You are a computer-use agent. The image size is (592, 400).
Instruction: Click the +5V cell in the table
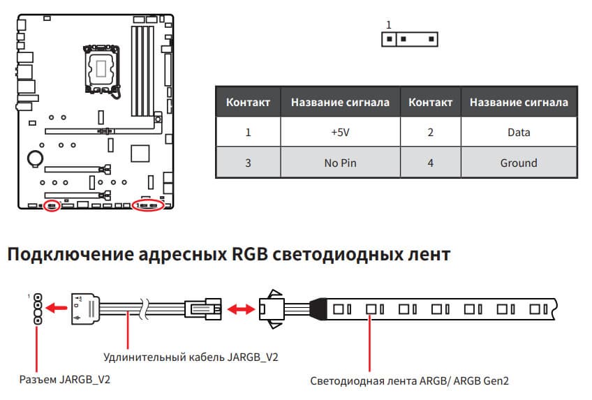[x=341, y=132]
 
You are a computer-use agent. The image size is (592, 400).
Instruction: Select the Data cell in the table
[x=519, y=132]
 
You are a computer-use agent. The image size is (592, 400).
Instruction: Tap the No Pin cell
[x=341, y=163]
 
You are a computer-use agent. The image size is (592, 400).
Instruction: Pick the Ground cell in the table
[x=519, y=163]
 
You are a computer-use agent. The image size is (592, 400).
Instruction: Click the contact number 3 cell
[x=248, y=163]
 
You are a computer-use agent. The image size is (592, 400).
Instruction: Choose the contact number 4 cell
[x=430, y=163]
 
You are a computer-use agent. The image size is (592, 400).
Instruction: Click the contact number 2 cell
[x=430, y=132]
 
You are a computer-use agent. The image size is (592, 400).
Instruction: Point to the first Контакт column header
[x=248, y=102]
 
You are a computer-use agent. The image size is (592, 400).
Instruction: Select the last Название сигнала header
[x=519, y=102]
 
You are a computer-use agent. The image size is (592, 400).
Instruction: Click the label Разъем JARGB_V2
[x=64, y=380]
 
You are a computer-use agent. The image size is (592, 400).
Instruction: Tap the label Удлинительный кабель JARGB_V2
[x=191, y=357]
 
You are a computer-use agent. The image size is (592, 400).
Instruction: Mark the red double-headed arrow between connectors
[x=240, y=307]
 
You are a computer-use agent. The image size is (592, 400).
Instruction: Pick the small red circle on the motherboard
[x=51, y=205]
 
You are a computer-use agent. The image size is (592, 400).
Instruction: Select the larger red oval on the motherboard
[x=147, y=205]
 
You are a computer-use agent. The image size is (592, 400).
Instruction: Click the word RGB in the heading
[x=246, y=254]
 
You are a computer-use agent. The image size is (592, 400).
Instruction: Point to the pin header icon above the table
[x=409, y=39]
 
